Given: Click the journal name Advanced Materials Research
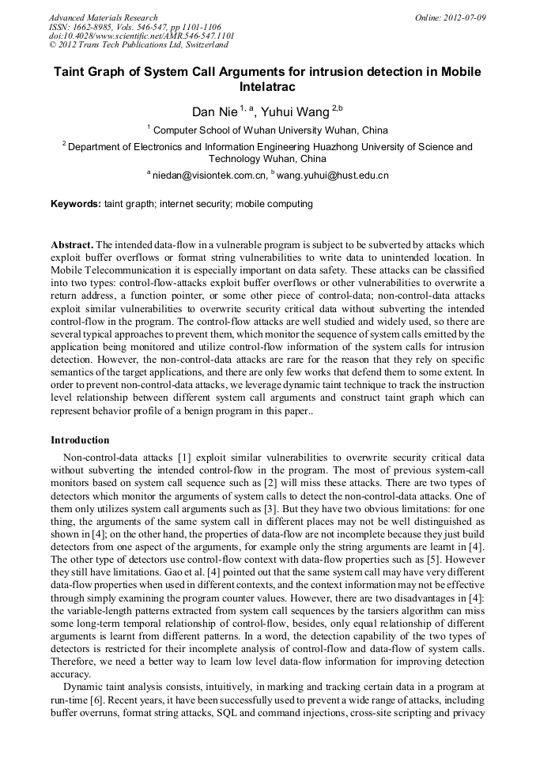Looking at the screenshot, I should coord(103,17).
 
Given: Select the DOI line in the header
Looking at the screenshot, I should coord(141,36).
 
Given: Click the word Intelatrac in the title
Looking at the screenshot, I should coord(267,87).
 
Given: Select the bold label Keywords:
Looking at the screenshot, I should coord(76,204).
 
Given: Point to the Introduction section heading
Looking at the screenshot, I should coord(80,440).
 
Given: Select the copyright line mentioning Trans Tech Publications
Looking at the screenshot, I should coord(138,46).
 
